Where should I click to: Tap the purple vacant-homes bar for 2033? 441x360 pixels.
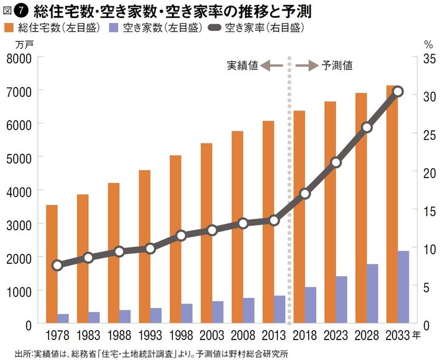pyautogui.click(x=402, y=287)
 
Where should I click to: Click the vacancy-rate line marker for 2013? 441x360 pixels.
pyautogui.click(x=275, y=220)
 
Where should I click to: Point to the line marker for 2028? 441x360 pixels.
pyautogui.click(x=366, y=127)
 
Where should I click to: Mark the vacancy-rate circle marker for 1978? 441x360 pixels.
pyautogui.click(x=58, y=265)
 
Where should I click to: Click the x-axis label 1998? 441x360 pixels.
pyautogui.click(x=181, y=336)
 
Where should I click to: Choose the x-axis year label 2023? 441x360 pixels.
pyautogui.click(x=335, y=336)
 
